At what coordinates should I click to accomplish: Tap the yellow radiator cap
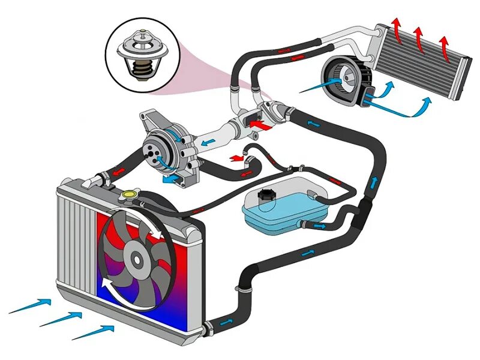click(x=128, y=195)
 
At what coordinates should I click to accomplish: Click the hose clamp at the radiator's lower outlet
click(x=208, y=328)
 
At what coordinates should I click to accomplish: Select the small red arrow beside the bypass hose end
click(x=239, y=157)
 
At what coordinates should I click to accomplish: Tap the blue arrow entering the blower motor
click(x=315, y=87)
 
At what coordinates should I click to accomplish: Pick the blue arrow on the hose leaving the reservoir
click(x=322, y=226)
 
